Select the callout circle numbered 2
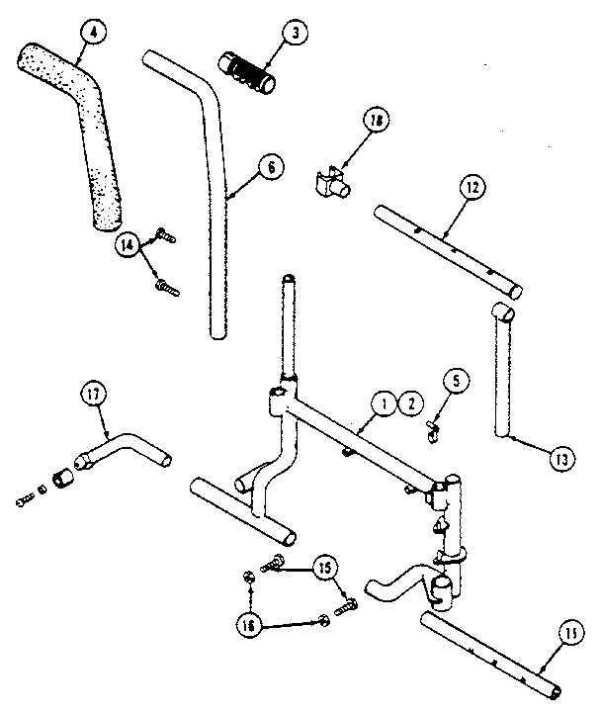407,403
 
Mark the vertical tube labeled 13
501,376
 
